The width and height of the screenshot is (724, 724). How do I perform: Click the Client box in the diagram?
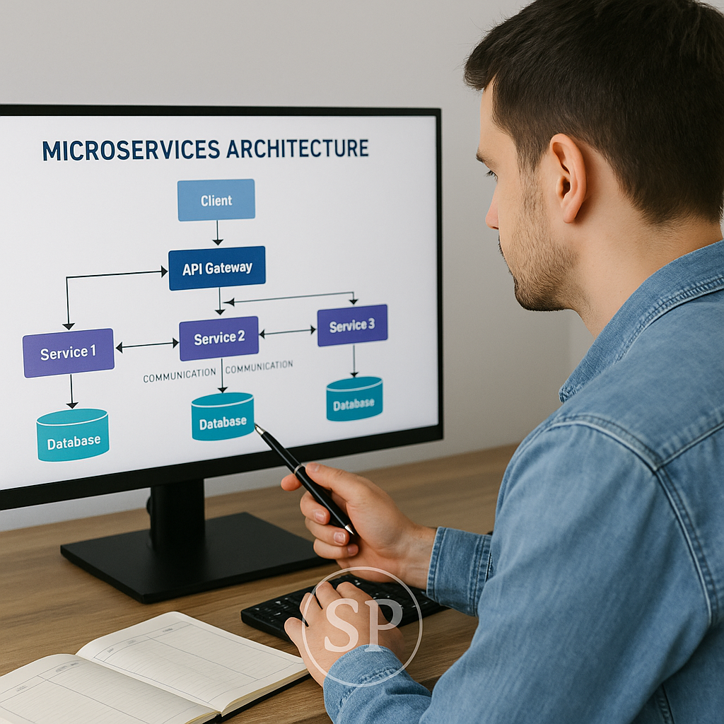pyautogui.click(x=216, y=200)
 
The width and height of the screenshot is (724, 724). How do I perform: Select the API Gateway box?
pyautogui.click(x=217, y=268)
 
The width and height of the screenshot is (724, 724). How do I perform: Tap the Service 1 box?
pyautogui.click(x=68, y=353)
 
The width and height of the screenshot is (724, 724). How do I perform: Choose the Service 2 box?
pyautogui.click(x=218, y=338)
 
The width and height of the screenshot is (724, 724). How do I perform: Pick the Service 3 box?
pyautogui.click(x=352, y=325)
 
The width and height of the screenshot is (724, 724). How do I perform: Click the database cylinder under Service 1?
pyautogui.click(x=73, y=436)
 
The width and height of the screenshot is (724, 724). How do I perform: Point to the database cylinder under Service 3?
pyautogui.click(x=354, y=399)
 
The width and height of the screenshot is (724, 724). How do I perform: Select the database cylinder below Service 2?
pyautogui.click(x=222, y=417)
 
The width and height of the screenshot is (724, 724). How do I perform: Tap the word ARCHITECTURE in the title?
pyautogui.click(x=297, y=148)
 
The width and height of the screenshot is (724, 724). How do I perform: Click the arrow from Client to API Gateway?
pyautogui.click(x=217, y=233)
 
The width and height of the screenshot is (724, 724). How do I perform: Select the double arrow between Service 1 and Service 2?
pyautogui.click(x=147, y=346)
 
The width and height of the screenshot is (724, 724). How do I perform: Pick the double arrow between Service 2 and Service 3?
pyautogui.click(x=288, y=332)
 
